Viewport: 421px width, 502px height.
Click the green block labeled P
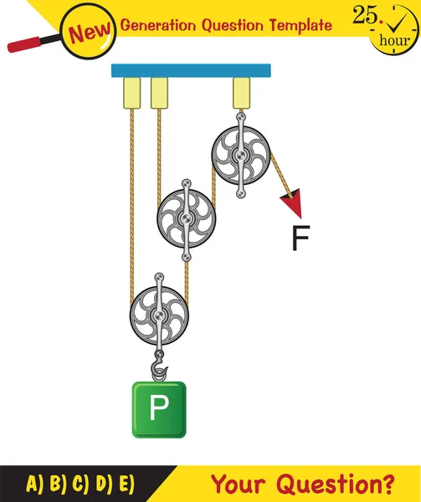pos(159,409)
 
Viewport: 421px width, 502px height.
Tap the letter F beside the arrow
pos(300,239)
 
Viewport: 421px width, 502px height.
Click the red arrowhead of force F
pos(293,203)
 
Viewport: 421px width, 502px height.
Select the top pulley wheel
pos(240,154)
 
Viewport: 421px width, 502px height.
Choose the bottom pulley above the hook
pos(159,315)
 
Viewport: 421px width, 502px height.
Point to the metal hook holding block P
pos(158,365)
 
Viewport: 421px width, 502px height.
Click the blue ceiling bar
pos(193,69)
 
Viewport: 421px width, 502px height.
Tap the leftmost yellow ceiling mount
pos(131,93)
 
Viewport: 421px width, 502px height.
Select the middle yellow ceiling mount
pos(159,93)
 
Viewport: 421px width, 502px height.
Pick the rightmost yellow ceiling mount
pos(242,92)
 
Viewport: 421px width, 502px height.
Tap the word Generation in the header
pos(160,24)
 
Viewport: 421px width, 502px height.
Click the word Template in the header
pos(300,24)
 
